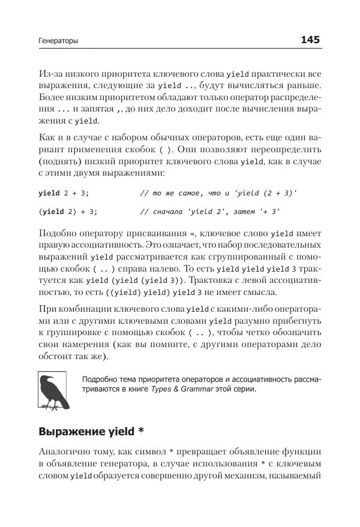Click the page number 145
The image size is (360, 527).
pos(310,40)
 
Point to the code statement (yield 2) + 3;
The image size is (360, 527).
pos(68,212)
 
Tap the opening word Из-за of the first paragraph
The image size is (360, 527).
pos(51,74)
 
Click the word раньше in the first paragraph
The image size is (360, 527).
pos(304,88)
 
